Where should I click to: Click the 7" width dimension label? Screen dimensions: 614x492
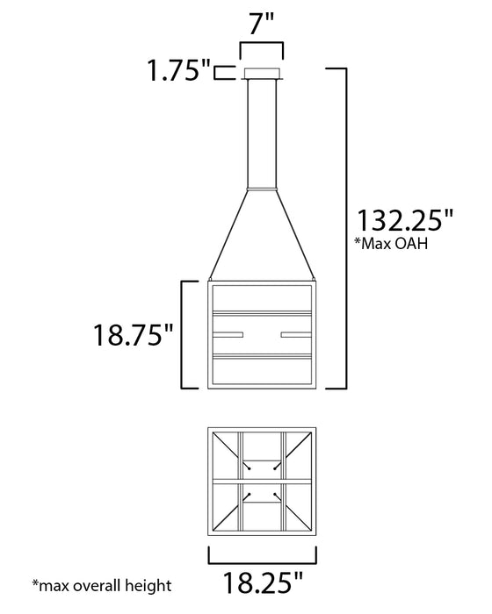click(262, 24)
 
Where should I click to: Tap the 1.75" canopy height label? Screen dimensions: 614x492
click(179, 71)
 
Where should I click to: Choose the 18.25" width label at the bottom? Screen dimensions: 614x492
click(262, 582)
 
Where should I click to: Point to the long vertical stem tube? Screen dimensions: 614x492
click(262, 132)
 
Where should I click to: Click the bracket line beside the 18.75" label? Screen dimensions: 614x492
click(183, 334)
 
